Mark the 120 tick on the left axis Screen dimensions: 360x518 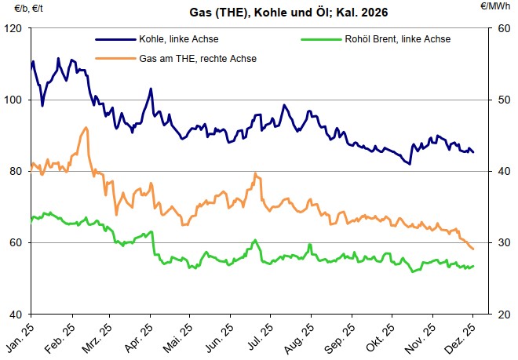click(14, 29)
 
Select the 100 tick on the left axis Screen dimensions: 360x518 click(14, 100)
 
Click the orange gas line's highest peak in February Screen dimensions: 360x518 click(86, 128)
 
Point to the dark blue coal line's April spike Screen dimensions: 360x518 click(150, 89)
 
